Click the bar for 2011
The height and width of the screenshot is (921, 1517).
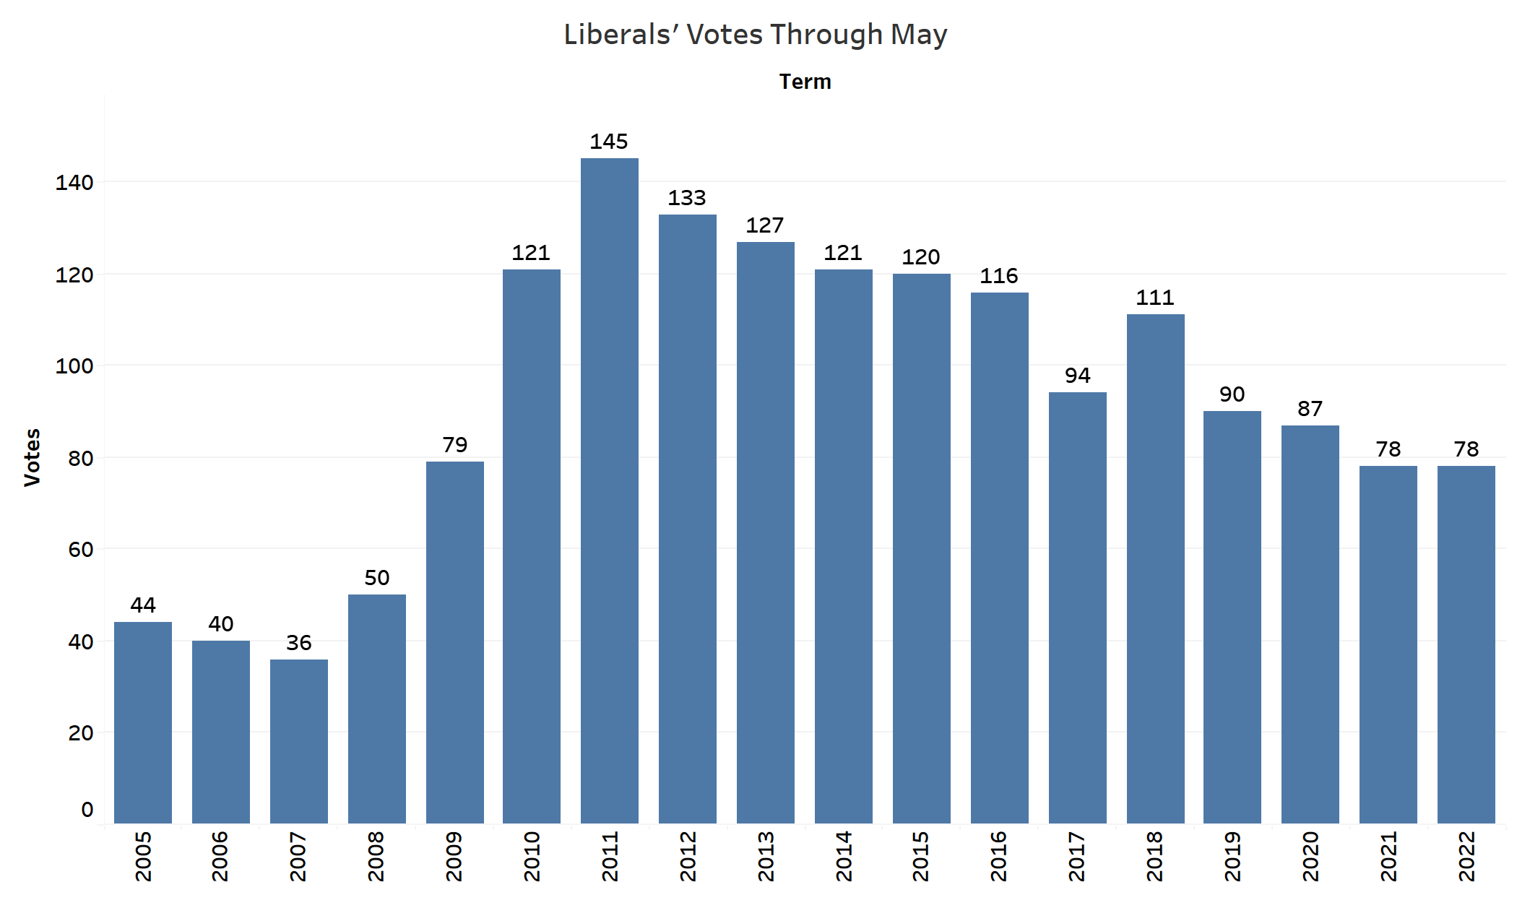(x=609, y=490)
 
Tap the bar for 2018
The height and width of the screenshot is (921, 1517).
(x=1155, y=568)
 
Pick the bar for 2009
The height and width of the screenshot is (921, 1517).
(x=454, y=642)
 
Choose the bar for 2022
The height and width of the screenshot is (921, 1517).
(x=1466, y=644)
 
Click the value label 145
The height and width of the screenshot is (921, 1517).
(x=609, y=142)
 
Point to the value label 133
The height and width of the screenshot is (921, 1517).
(x=687, y=198)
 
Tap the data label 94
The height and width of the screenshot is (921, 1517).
(x=1077, y=376)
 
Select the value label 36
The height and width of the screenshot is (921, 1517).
(x=298, y=643)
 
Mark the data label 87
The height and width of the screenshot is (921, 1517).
(x=1310, y=409)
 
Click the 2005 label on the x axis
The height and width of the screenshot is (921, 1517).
(x=143, y=856)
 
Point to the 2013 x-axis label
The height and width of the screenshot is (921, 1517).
(x=766, y=856)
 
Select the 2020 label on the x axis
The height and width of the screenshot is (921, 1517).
(x=1310, y=856)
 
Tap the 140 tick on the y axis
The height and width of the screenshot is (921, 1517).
(x=74, y=183)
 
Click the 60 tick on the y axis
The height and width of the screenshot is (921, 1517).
(x=81, y=550)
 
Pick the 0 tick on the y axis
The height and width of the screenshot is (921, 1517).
(x=87, y=810)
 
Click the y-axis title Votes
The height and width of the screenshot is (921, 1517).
(x=33, y=457)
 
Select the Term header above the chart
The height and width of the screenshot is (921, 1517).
(x=805, y=82)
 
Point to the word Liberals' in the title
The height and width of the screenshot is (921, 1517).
(x=622, y=35)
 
